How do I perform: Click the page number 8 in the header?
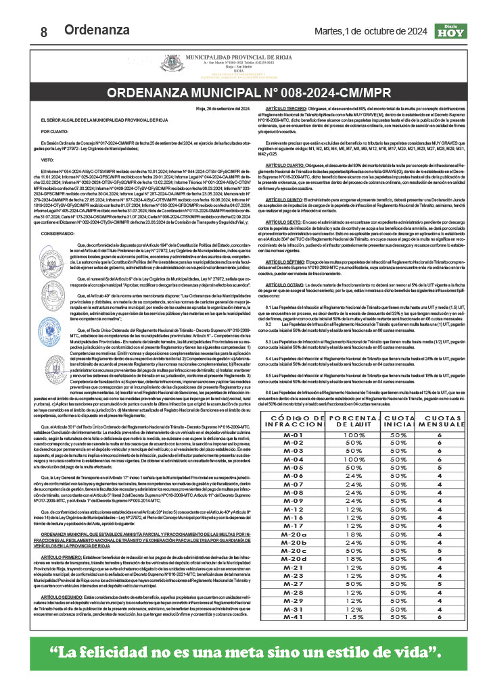(44, 32)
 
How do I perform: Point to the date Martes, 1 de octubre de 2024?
(371, 30)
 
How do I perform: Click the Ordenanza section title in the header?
(97, 30)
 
